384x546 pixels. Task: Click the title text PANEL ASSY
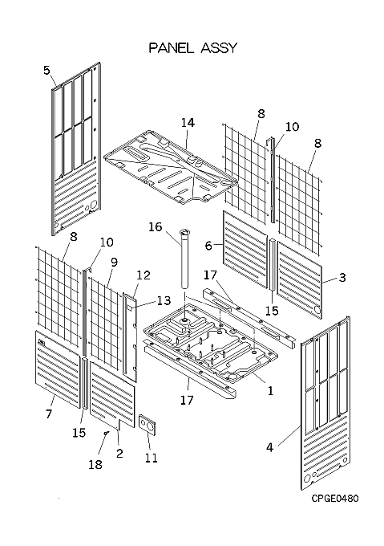point(192,47)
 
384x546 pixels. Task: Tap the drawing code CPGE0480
point(334,499)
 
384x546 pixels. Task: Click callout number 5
point(47,70)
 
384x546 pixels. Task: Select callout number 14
point(188,123)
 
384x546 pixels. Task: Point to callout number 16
point(156,226)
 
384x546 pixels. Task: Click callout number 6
point(208,246)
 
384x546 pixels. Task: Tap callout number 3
point(342,278)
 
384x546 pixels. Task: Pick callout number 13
point(164,300)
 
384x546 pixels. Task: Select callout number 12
point(143,275)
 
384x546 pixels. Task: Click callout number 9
point(115,263)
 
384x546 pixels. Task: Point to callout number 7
point(49,414)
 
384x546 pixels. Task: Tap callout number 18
point(95,464)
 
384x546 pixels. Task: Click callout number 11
point(152,458)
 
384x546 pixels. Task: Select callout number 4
point(270,446)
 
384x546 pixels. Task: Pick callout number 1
point(270,391)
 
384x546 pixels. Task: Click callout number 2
point(119,454)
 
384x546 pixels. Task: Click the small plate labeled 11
point(148,424)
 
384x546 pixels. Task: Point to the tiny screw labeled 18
point(107,433)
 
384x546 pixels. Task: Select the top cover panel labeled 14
point(170,166)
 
